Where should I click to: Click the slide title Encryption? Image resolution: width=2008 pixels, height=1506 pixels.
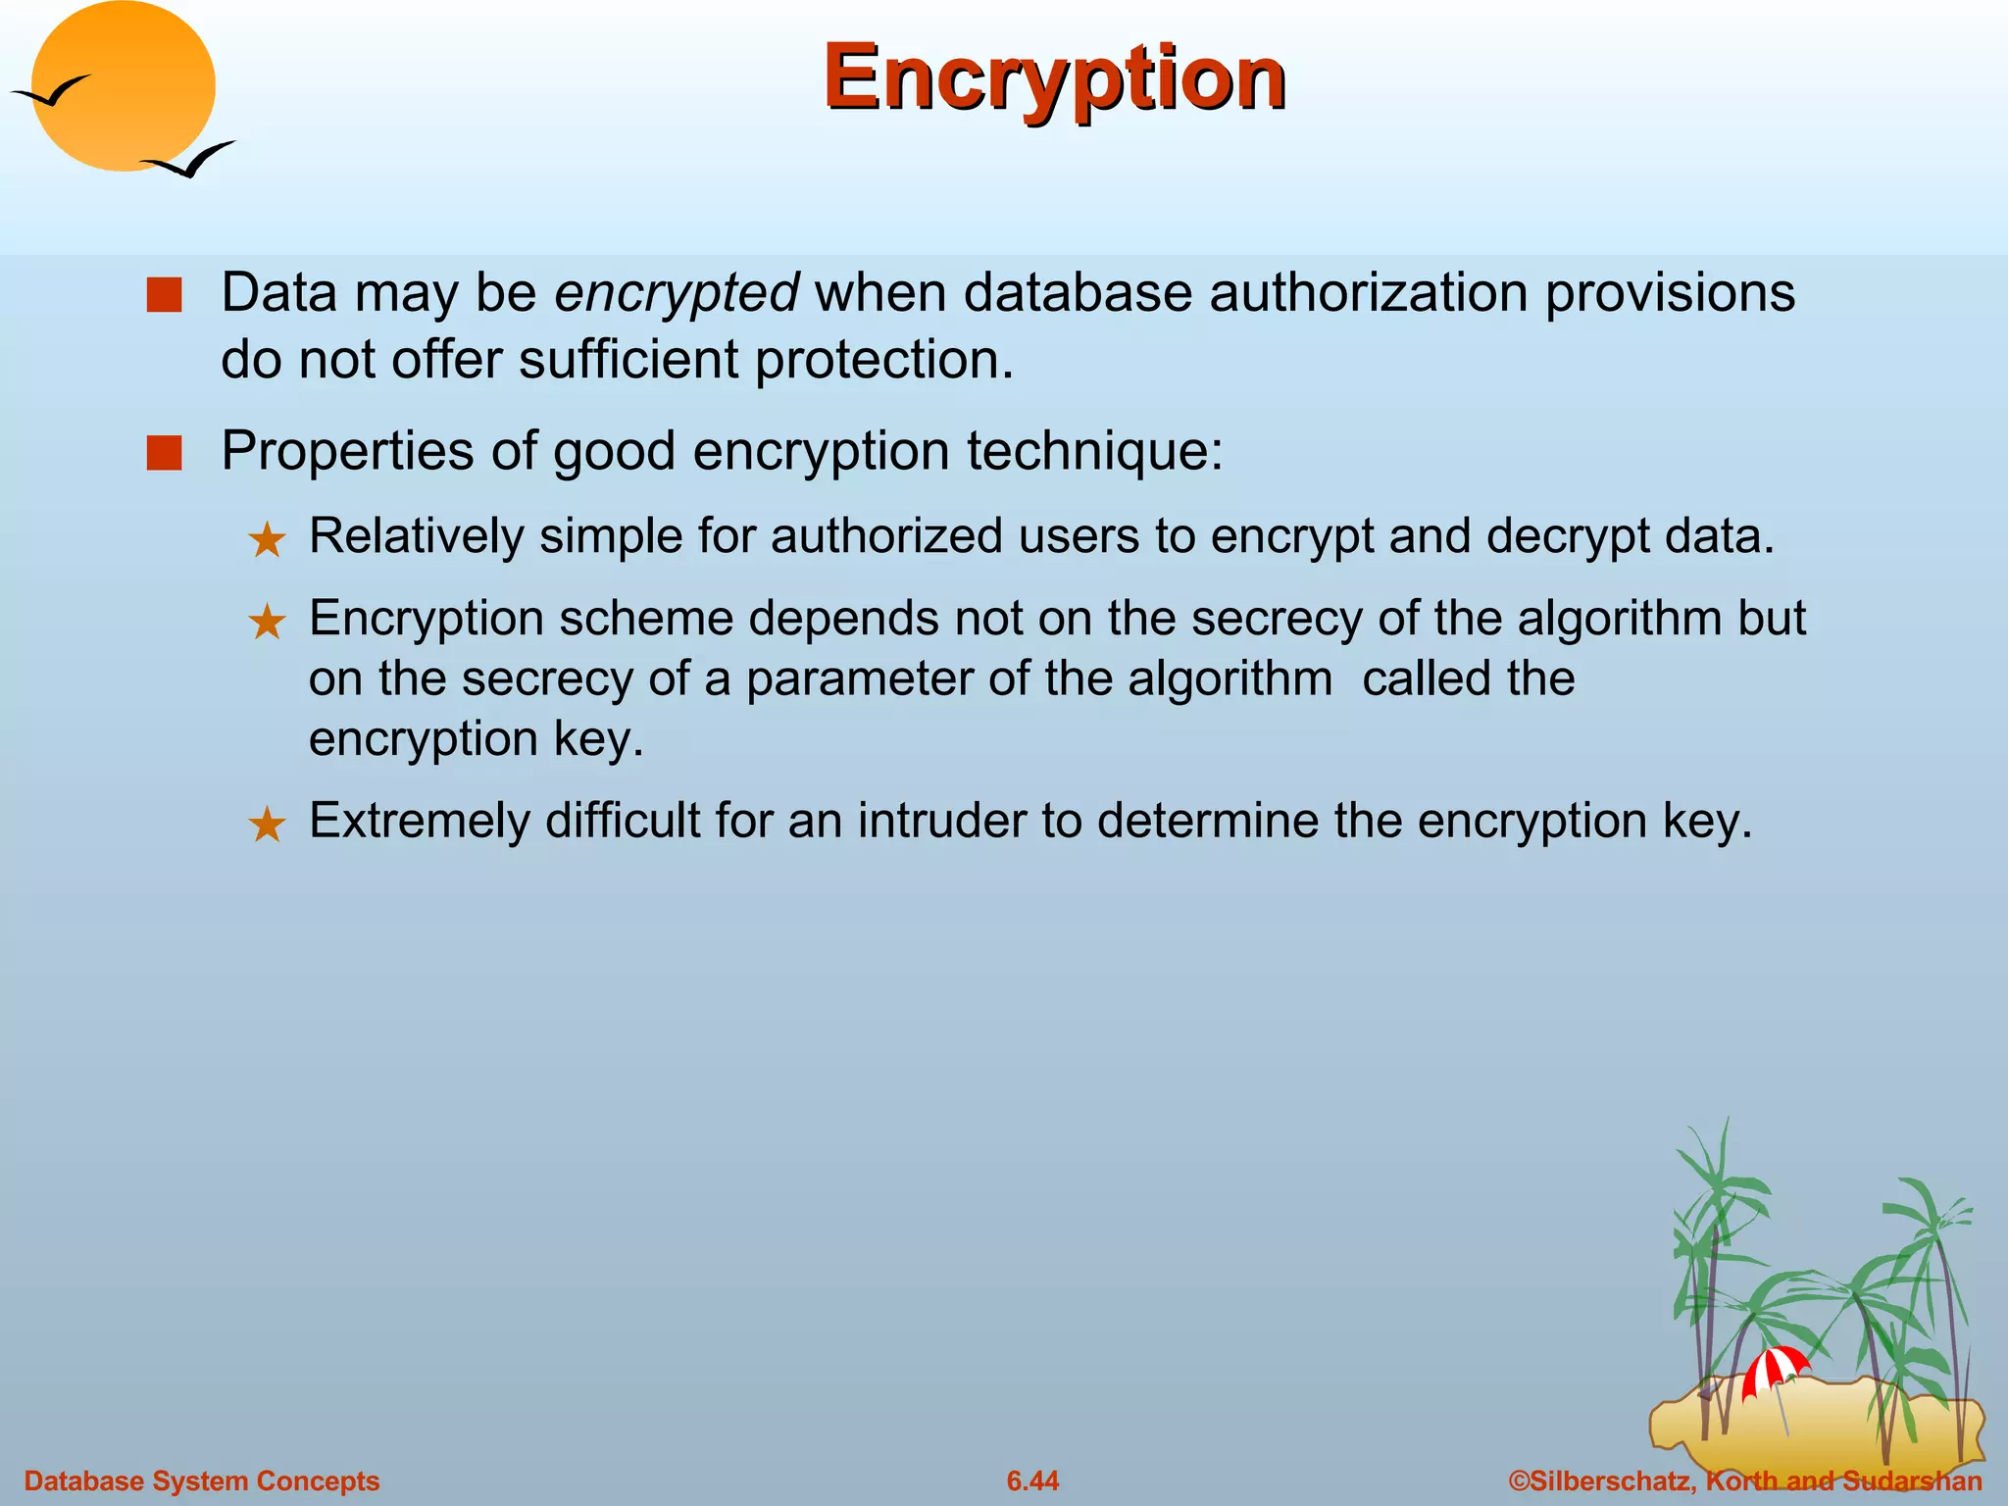pyautogui.click(x=1054, y=78)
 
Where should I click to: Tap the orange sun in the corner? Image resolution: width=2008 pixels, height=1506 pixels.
pyautogui.click(x=123, y=86)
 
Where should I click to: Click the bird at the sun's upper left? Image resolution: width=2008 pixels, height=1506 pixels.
pyautogui.click(x=51, y=92)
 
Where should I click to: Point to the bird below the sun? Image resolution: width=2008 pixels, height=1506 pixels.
pyautogui.click(x=189, y=160)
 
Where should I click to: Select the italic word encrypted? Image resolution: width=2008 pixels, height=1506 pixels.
pyautogui.click(x=677, y=293)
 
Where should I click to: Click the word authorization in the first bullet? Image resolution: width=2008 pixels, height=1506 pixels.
pyautogui.click(x=1368, y=293)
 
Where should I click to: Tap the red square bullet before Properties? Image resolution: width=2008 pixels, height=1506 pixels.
pyautogui.click(x=164, y=453)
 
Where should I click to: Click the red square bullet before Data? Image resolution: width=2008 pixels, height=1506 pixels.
pyautogui.click(x=164, y=295)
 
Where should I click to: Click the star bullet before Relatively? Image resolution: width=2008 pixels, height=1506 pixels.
pyautogui.click(x=267, y=540)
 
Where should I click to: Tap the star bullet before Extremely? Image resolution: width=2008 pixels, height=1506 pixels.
pyautogui.click(x=267, y=825)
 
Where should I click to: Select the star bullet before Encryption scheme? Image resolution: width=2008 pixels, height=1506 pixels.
pyautogui.click(x=267, y=623)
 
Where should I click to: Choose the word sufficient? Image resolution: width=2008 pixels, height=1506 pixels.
pyautogui.click(x=627, y=360)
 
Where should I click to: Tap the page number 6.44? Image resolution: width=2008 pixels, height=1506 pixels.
pyautogui.click(x=1032, y=1481)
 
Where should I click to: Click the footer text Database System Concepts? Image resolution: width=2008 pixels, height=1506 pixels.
pyautogui.click(x=201, y=1481)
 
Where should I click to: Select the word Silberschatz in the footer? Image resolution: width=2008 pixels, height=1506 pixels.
pyautogui.click(x=1609, y=1481)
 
